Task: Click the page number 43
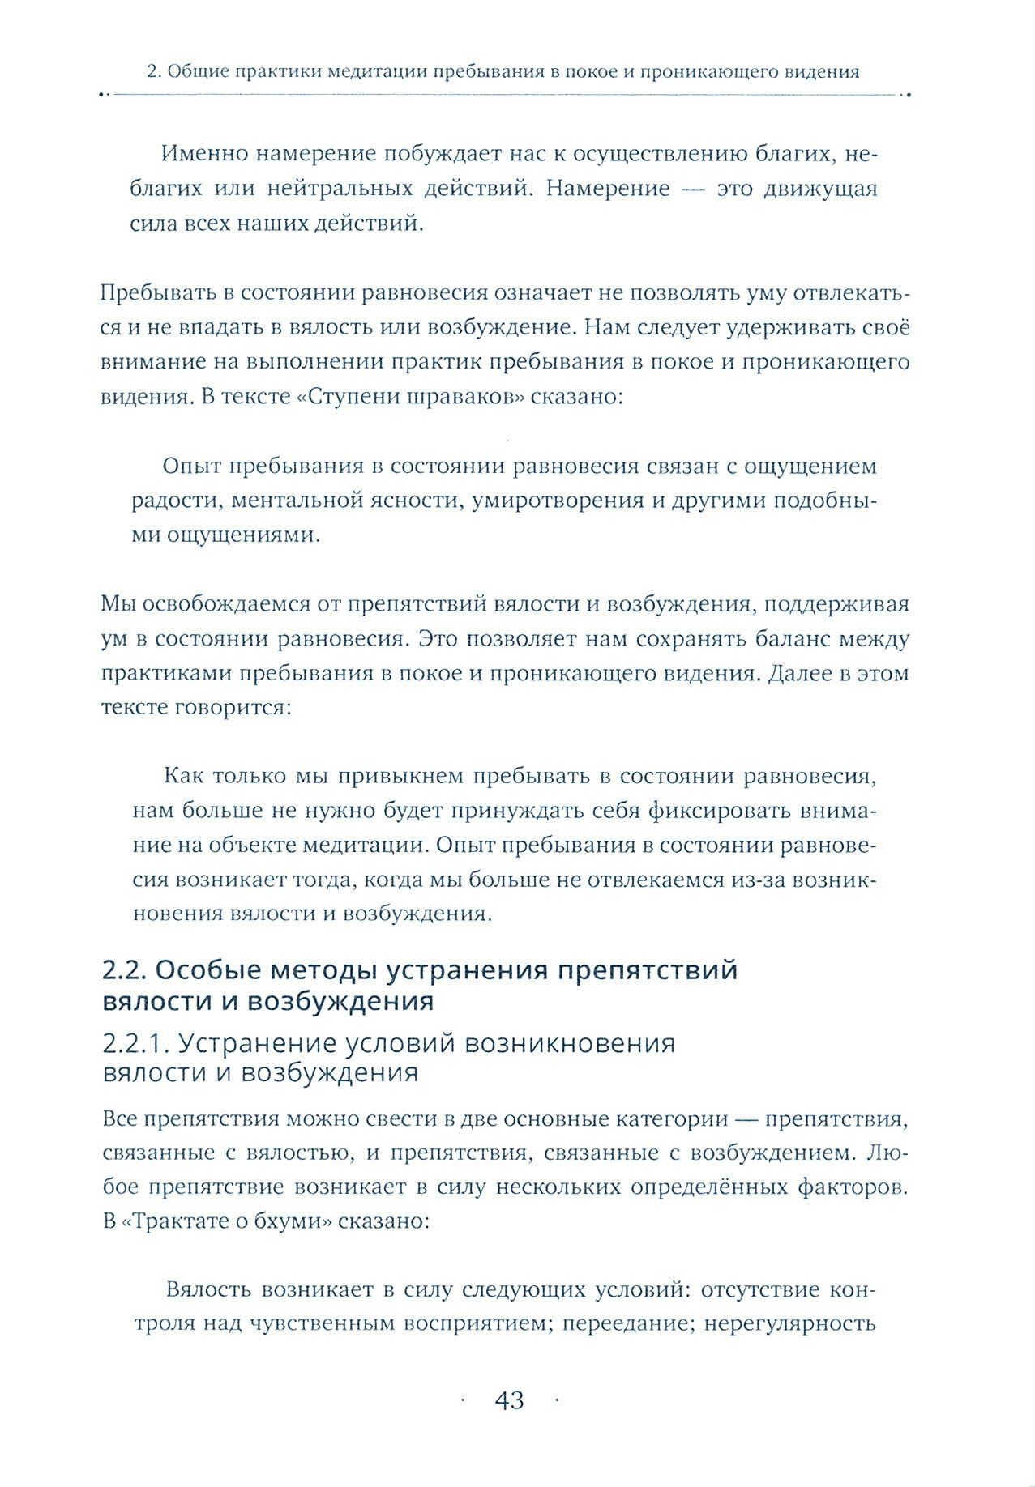tap(509, 1400)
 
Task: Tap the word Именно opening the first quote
tap(212, 153)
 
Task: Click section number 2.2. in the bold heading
tap(125, 969)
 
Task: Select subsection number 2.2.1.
tap(135, 1043)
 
